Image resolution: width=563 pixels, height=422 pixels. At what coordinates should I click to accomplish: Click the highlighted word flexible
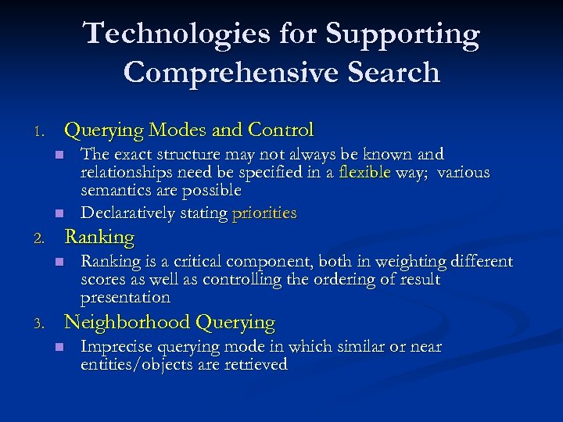365,172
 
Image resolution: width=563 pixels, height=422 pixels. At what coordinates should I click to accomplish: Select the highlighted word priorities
264,213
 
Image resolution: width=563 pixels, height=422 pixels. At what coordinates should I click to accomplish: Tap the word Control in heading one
281,129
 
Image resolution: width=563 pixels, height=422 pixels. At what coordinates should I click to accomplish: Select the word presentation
125,297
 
